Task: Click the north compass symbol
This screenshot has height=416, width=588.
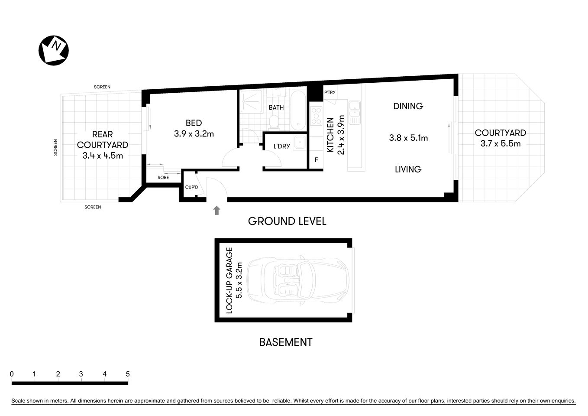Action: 54,50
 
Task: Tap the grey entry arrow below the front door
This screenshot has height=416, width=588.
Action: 216,210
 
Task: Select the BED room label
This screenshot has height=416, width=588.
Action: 194,123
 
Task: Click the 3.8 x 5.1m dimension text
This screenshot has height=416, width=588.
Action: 408,138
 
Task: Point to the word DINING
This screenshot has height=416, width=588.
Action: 408,106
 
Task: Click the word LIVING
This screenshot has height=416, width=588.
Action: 408,169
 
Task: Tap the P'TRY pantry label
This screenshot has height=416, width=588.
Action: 330,92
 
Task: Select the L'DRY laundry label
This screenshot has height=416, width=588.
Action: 281,146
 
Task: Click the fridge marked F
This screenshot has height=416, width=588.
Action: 316,160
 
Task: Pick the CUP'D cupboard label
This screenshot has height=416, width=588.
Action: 191,187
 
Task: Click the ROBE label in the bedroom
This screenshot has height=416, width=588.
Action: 163,177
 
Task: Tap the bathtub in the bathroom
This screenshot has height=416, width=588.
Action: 298,110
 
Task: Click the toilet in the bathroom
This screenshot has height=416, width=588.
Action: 274,122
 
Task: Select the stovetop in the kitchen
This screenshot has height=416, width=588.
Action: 316,116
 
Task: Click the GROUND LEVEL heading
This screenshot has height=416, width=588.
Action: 287,221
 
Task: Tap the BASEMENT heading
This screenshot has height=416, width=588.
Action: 285,342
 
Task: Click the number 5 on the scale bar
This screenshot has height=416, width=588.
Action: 127,374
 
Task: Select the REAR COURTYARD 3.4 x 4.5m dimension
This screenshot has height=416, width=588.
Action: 103,156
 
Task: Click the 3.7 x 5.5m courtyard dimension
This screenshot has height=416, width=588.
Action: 500,143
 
